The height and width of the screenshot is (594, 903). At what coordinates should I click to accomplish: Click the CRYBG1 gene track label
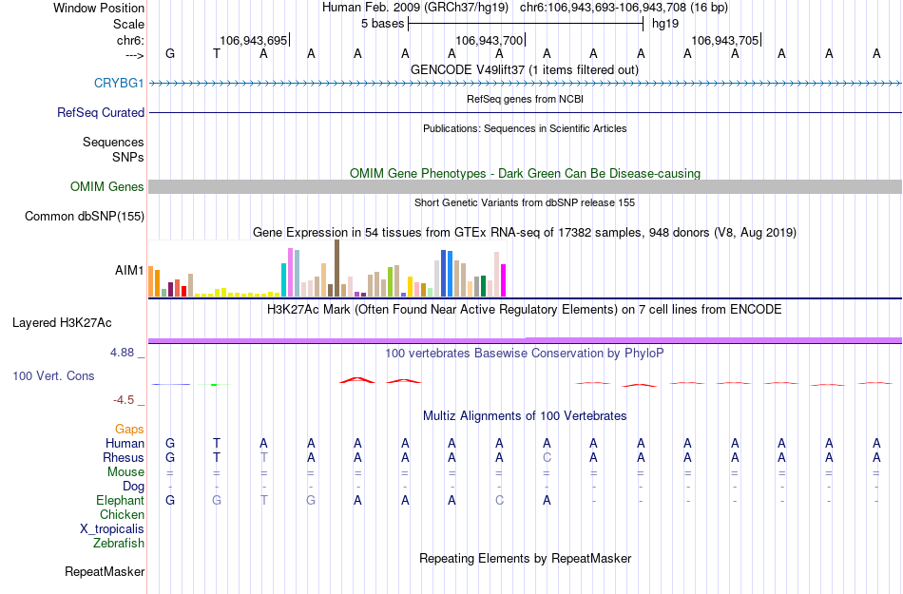tap(119, 84)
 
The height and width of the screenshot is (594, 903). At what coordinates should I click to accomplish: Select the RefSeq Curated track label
tap(101, 113)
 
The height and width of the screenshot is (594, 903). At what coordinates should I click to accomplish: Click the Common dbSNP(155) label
tap(84, 217)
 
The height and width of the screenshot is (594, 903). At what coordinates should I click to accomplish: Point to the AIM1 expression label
tap(129, 270)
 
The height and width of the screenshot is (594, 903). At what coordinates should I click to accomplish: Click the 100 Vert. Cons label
tap(53, 376)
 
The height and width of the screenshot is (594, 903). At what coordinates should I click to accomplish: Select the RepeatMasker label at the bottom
tap(105, 572)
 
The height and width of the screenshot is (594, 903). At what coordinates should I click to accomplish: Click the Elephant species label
tap(120, 501)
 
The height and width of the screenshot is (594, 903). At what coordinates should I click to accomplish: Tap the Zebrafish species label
tap(119, 544)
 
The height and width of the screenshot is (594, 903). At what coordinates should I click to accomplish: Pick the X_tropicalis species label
tap(112, 529)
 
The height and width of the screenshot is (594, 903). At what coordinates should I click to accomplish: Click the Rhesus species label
tap(124, 458)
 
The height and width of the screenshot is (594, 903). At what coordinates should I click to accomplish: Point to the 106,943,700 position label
tap(489, 40)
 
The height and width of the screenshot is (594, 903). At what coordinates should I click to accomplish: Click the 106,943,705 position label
tap(724, 40)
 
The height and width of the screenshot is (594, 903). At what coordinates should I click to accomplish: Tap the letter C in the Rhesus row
tap(547, 458)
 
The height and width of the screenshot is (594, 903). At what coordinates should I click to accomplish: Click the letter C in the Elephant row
tap(499, 501)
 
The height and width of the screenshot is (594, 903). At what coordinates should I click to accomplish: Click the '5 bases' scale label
tap(382, 24)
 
